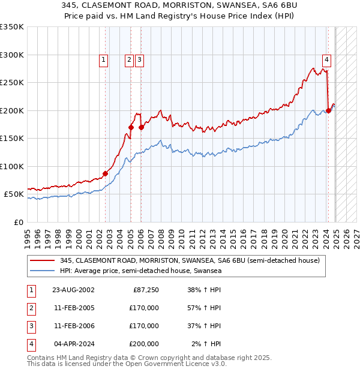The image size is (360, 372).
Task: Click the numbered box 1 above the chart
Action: (x=104, y=59)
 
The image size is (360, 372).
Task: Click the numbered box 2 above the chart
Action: (x=129, y=59)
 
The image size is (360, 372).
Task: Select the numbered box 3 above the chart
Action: (x=139, y=59)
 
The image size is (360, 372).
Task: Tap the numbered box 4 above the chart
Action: (x=326, y=59)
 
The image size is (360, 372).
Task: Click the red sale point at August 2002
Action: (x=105, y=173)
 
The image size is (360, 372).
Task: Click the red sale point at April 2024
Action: (x=328, y=110)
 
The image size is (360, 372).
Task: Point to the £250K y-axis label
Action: (x=12, y=83)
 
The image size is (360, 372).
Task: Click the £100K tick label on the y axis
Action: (x=12, y=166)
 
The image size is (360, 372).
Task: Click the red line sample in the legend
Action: (x=42, y=260)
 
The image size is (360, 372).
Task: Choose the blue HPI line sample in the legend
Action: (x=42, y=271)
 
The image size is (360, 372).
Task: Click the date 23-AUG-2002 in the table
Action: (x=73, y=290)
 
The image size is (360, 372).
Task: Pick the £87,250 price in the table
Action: (x=146, y=290)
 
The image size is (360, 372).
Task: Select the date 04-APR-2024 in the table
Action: (x=73, y=344)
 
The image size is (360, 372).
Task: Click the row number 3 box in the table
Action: (x=30, y=326)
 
